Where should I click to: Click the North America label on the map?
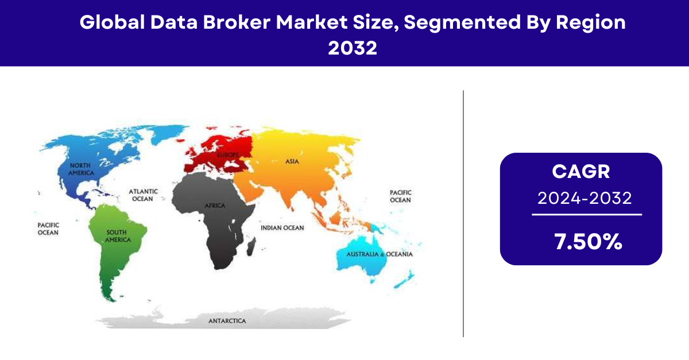pyautogui.click(x=81, y=169)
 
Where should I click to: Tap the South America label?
pyautogui.click(x=118, y=236)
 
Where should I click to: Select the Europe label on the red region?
pyautogui.click(x=228, y=155)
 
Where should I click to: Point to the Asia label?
pyautogui.click(x=292, y=161)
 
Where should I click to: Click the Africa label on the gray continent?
pyautogui.click(x=215, y=206)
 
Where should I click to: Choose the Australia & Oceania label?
pyautogui.click(x=380, y=254)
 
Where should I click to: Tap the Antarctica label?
pyautogui.click(x=227, y=321)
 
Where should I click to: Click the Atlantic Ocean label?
pyautogui.click(x=143, y=195)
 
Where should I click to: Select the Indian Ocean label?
pyautogui.click(x=282, y=228)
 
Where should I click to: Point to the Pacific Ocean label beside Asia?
pyautogui.click(x=401, y=196)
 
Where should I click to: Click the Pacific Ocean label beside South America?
pyautogui.click(x=48, y=229)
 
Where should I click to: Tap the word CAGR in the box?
pyautogui.click(x=580, y=171)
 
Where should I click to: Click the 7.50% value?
pyautogui.click(x=588, y=242)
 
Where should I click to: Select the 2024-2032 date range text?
pyautogui.click(x=585, y=198)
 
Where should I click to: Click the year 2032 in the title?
pyautogui.click(x=353, y=48)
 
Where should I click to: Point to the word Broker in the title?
pyautogui.click(x=237, y=22)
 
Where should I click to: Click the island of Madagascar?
pyautogui.click(x=251, y=247)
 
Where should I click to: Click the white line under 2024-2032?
pyautogui.click(x=587, y=215)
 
